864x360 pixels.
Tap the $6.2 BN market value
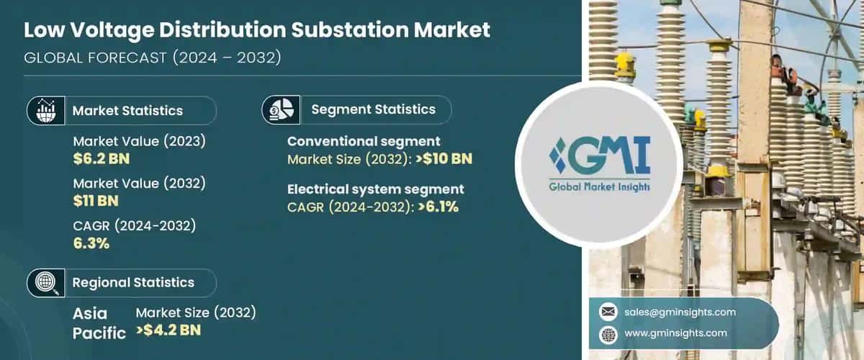[102, 158]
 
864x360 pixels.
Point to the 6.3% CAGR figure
[91, 243]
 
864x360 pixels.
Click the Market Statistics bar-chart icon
[42, 111]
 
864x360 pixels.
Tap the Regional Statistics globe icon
[42, 283]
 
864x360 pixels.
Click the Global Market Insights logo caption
[599, 186]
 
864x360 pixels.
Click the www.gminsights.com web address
[675, 333]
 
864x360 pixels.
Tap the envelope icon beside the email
[608, 312]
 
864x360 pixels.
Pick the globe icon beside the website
[608, 333]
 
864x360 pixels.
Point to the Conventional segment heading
[364, 141]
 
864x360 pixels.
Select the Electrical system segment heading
[376, 189]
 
